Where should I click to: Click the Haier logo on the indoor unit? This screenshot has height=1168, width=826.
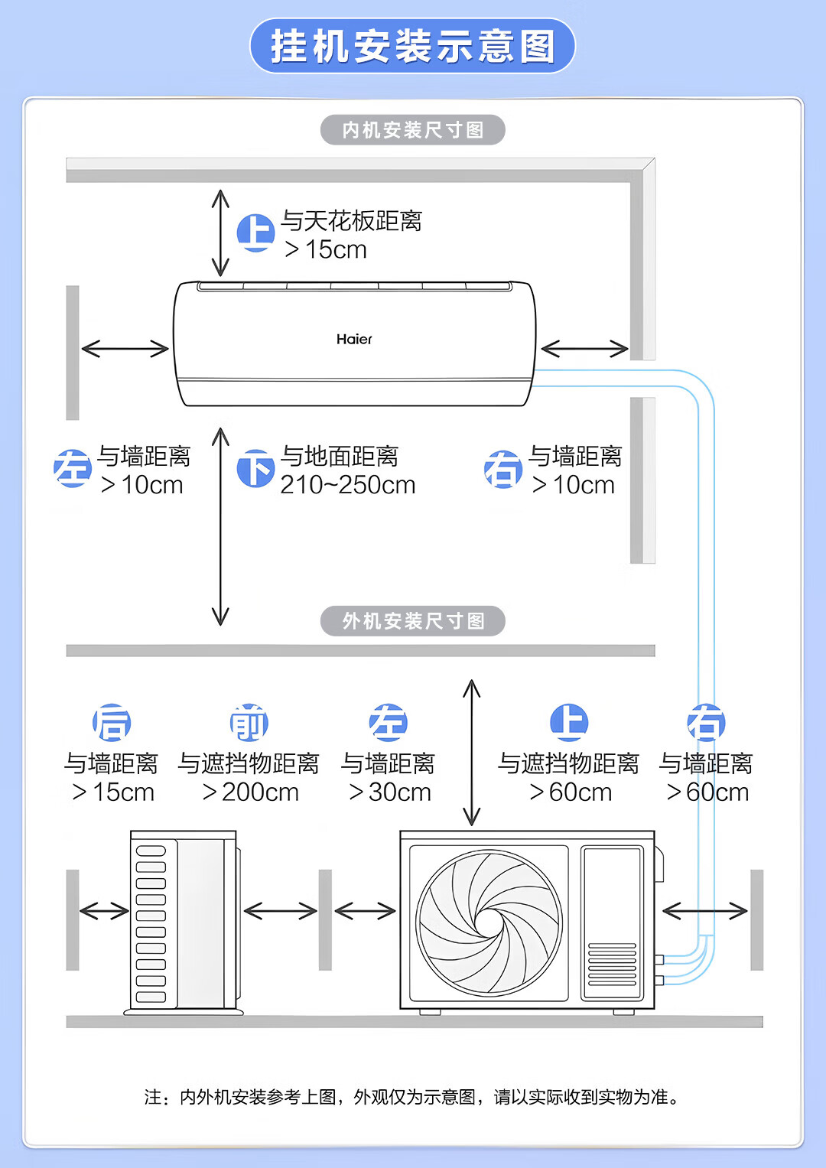point(354,339)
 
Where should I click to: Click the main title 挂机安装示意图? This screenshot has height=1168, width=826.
point(412,46)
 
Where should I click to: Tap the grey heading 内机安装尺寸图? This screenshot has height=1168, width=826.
point(412,130)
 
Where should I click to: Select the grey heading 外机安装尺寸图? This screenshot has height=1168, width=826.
point(412,621)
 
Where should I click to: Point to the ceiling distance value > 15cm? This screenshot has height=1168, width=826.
point(326,250)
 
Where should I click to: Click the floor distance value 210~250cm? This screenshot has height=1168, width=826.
point(348,485)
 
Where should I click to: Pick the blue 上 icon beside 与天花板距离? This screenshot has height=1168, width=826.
point(255,232)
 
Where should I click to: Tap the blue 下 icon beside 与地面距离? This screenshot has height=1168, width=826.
point(255,468)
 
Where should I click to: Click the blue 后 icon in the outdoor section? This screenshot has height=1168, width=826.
point(112,723)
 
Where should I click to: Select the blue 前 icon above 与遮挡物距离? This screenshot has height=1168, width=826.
point(249,723)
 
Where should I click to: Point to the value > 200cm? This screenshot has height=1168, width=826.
point(251,792)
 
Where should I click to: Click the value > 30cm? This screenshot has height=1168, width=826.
point(390,792)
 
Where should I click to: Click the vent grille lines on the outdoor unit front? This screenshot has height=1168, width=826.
point(612,965)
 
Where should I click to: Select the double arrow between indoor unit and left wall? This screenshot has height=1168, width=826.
point(125,349)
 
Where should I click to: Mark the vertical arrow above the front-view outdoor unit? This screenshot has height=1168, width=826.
point(472,753)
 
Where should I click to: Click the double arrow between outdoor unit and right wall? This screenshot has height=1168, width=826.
point(704,910)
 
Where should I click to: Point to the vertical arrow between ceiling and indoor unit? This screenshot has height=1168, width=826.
point(220,233)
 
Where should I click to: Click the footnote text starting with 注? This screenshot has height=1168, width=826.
point(412,1097)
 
